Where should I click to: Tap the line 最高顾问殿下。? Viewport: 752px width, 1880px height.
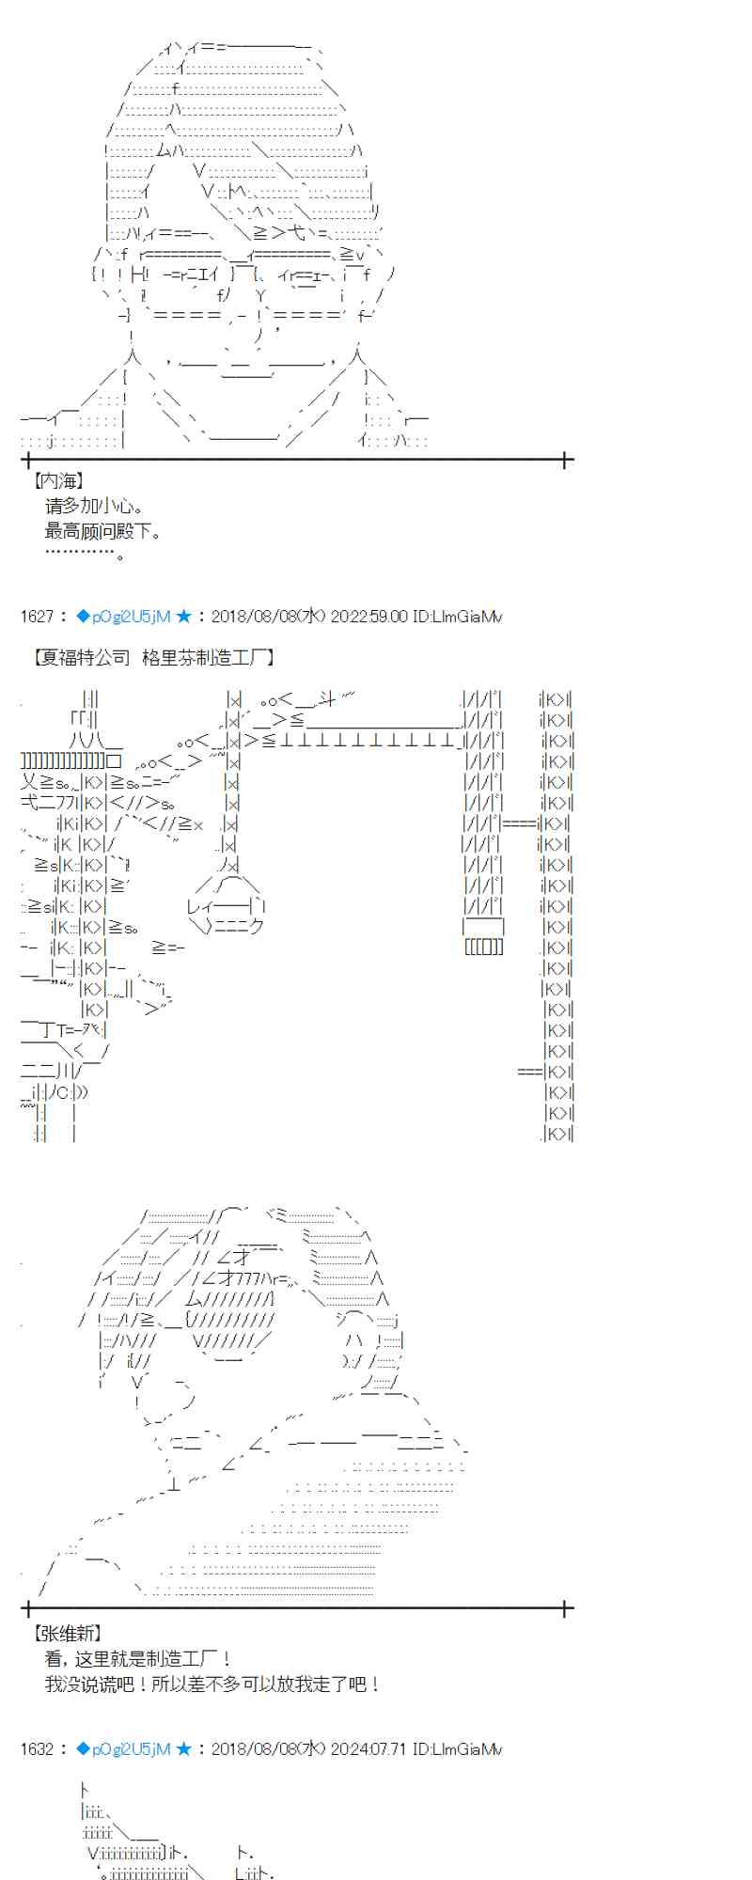point(103,531)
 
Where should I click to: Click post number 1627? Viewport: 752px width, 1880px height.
point(37,617)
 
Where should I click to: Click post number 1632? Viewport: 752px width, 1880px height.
point(37,1749)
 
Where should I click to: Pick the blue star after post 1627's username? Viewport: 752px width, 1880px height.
point(183,617)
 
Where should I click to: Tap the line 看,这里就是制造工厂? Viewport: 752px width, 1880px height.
point(137,1659)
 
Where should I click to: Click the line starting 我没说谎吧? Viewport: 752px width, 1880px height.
point(212,1684)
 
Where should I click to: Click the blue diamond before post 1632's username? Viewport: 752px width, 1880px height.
point(83,1749)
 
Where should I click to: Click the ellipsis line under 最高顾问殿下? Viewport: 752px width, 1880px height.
point(85,555)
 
